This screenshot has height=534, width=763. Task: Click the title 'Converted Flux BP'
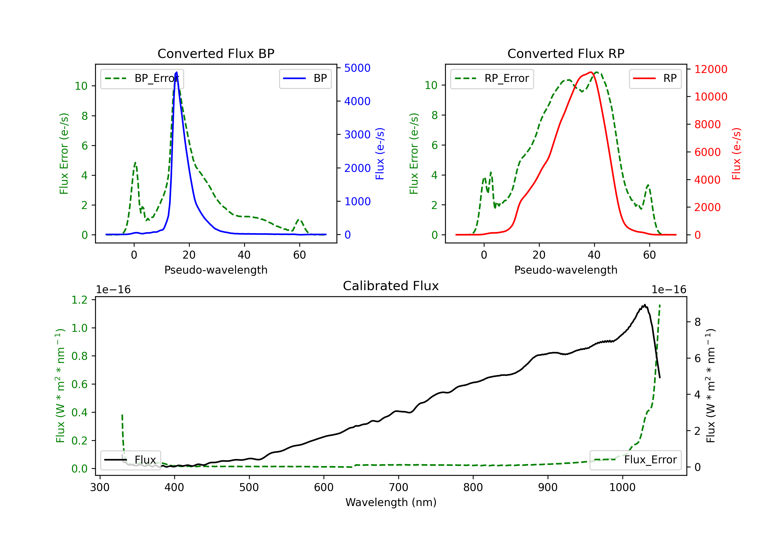[216, 53]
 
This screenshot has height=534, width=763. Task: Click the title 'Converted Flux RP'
[566, 53]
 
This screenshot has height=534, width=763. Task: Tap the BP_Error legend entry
[142, 78]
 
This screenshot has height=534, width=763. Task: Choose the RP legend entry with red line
[655, 78]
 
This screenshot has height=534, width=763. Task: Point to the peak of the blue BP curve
[177, 72]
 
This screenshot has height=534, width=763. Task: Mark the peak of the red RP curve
[591, 72]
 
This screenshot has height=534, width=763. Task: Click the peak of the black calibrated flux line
[645, 305]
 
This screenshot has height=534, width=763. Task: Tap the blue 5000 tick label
[357, 68]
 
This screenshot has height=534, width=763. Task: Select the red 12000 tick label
[711, 69]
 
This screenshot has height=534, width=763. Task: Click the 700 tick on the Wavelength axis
[399, 487]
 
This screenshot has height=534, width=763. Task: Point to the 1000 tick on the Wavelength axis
[622, 487]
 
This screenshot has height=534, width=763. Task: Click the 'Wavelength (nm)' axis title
[391, 502]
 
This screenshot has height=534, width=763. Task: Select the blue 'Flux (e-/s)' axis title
[380, 154]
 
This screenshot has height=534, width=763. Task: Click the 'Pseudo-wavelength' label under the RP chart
[566, 270]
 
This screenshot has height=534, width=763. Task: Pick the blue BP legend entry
[305, 78]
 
